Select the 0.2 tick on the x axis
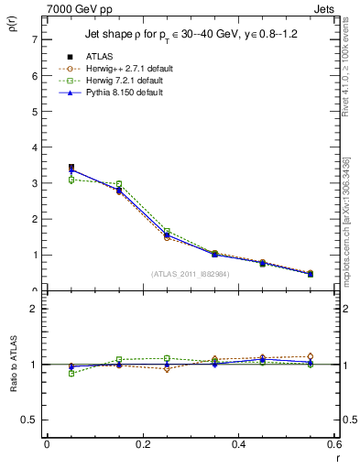[142, 445]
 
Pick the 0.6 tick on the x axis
[334, 445]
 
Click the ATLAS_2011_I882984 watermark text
[190, 274]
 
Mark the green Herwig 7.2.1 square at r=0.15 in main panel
[118, 184]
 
